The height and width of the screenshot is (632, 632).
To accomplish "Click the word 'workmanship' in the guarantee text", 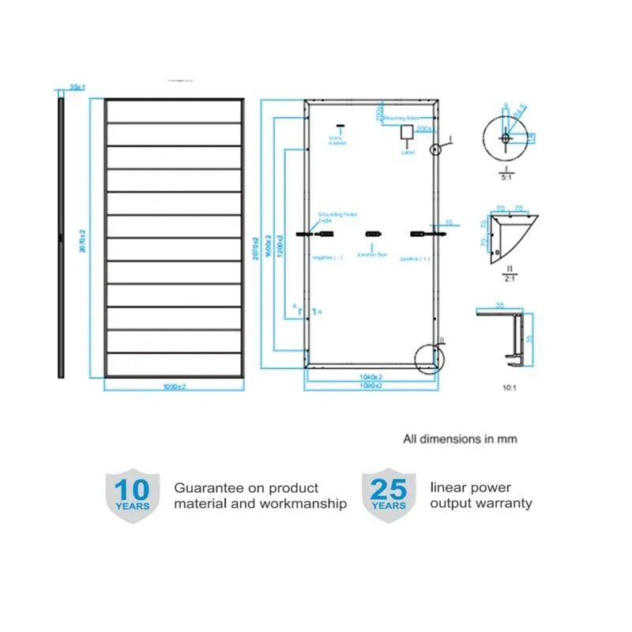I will tap(303, 503).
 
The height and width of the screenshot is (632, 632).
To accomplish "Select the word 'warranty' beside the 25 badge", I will tap(502, 503).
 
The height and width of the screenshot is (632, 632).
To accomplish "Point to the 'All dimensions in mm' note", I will tap(460, 438).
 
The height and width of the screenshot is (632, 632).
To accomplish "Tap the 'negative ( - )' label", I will tap(328, 258).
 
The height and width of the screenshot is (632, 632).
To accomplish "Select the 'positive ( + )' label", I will tap(415, 258).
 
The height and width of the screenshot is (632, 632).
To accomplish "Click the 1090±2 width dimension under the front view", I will tap(173, 386).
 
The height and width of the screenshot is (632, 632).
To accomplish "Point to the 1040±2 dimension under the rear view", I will tap(371, 378).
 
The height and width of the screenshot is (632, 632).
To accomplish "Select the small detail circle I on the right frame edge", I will tap(434, 149).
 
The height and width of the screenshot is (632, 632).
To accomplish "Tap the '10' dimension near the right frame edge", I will tap(448, 223).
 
